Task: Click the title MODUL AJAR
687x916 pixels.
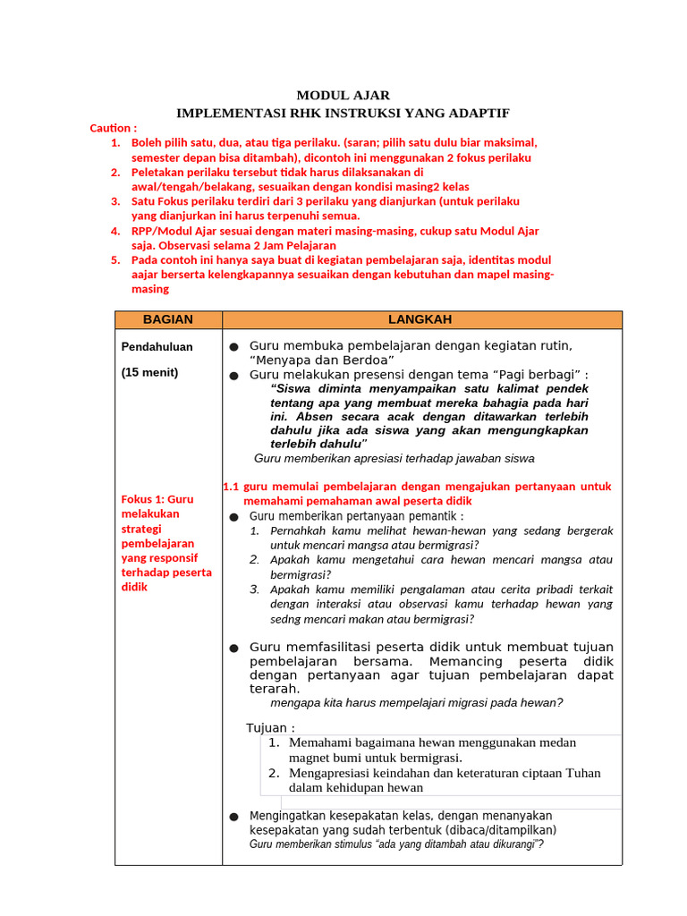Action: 343,96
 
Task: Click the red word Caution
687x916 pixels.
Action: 111,128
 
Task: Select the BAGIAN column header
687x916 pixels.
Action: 168,319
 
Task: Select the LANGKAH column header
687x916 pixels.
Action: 420,319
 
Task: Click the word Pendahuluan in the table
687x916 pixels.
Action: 157,346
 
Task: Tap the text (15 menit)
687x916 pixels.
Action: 149,372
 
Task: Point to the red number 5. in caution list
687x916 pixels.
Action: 114,259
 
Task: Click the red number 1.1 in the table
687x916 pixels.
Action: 231,487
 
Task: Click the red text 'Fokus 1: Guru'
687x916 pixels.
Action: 157,499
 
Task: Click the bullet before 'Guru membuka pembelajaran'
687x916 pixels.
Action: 233,347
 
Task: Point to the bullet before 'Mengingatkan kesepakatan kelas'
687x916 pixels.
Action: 233,817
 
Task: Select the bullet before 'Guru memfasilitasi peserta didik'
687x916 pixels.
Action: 233,648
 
